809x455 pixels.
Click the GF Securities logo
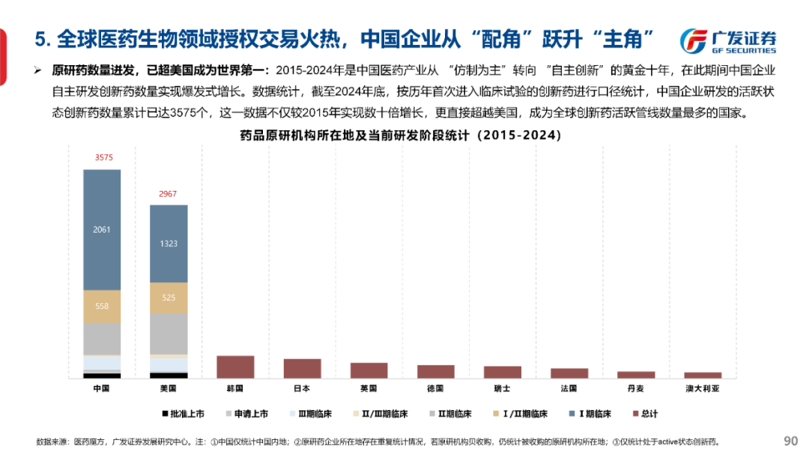727,41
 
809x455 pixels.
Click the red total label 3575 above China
102,158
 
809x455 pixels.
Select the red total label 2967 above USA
169,194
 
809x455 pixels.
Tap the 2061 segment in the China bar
102,229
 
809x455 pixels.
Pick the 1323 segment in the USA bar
169,243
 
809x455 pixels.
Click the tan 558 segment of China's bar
102,306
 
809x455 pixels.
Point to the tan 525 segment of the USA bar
169,298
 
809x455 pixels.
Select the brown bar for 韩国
235,367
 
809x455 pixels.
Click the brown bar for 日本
302,368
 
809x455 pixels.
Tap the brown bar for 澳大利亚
703,375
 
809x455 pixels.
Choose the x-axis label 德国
435,389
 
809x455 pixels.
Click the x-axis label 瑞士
502,389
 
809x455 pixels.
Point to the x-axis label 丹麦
636,389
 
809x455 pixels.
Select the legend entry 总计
645,414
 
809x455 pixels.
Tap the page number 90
790,440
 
